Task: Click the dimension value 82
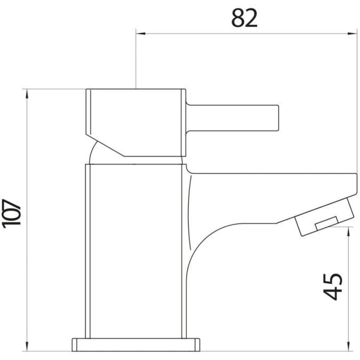pos(244,18)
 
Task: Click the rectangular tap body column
pos(136,251)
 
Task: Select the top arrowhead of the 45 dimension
pos(349,230)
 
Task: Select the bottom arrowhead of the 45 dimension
pos(349,347)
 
